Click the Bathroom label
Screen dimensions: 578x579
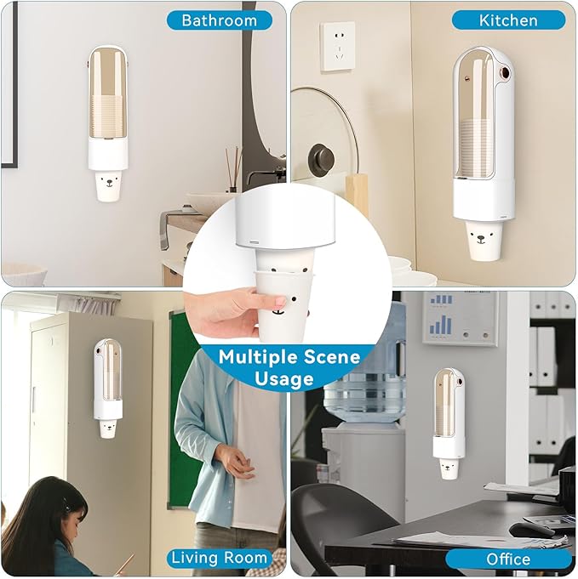[220, 20]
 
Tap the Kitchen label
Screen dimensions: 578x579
[508, 20]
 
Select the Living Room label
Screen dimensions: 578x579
[219, 558]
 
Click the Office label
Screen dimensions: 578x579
[508, 559]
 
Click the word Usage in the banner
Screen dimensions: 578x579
[284, 378]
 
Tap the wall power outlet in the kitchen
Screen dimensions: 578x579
[338, 46]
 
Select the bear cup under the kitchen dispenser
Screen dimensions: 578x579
[481, 241]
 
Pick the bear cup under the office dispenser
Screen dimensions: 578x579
[448, 468]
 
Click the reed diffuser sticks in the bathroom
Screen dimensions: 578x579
[233, 169]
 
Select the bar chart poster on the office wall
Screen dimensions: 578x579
[461, 319]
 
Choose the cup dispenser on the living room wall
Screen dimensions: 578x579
[107, 379]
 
